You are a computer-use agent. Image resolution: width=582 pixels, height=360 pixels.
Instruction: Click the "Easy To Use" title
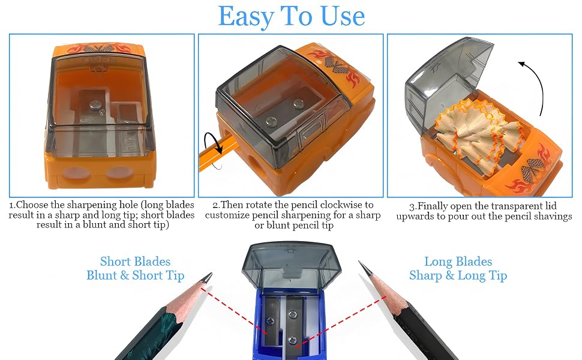pos(292,17)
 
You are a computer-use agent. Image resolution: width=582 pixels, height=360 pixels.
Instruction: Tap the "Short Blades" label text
pos(135,261)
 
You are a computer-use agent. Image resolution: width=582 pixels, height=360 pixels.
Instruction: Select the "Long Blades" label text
pos(458,261)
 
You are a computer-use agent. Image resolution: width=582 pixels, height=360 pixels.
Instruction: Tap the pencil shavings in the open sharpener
pos(479,132)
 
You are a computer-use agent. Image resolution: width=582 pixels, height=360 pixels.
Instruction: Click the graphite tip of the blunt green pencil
pos(208,278)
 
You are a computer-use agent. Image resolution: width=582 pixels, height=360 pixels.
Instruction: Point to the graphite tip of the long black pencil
pos(364,268)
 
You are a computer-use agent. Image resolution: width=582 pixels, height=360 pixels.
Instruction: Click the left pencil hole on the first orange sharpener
pos(75,173)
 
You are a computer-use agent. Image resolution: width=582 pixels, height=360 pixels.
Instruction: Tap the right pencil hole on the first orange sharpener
pos(119,173)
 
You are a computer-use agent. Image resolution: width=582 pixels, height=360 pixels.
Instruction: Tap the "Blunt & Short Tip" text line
pos(135,275)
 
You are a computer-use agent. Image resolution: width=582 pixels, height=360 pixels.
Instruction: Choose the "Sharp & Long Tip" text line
pos(458,275)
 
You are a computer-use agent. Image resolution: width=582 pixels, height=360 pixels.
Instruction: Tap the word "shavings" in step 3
pos(552,217)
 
